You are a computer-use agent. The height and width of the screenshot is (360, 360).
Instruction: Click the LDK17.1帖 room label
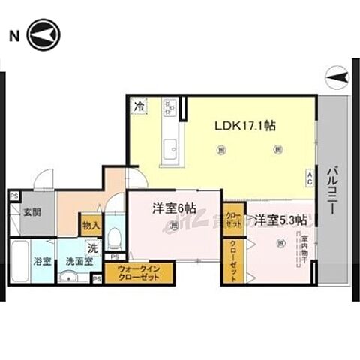click(245, 126)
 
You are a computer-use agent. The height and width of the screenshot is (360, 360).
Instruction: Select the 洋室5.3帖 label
click(278, 220)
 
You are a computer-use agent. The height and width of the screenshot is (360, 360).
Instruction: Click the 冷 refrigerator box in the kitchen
click(139, 107)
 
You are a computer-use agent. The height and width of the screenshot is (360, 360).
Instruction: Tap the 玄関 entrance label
click(31, 212)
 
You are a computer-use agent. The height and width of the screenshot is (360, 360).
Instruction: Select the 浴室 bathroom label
click(42, 262)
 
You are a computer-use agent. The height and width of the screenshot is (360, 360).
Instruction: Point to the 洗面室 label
click(77, 262)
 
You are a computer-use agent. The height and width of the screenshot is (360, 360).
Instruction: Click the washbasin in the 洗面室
click(71, 277)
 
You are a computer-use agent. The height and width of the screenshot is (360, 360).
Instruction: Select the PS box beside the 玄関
click(13, 196)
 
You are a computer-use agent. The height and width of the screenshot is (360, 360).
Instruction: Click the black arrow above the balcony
click(335, 75)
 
